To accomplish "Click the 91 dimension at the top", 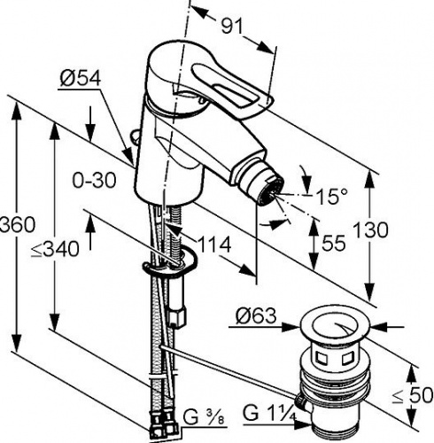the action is (x=232, y=27).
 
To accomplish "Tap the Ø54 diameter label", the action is (x=81, y=78).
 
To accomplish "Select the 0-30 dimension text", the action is (x=94, y=181).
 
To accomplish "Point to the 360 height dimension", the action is (x=17, y=224).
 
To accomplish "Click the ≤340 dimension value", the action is (x=56, y=249).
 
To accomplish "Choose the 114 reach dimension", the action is (x=214, y=245).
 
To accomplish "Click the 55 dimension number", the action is (x=333, y=244).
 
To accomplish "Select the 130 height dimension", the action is (x=371, y=229).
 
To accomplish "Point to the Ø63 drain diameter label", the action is (x=256, y=316).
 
